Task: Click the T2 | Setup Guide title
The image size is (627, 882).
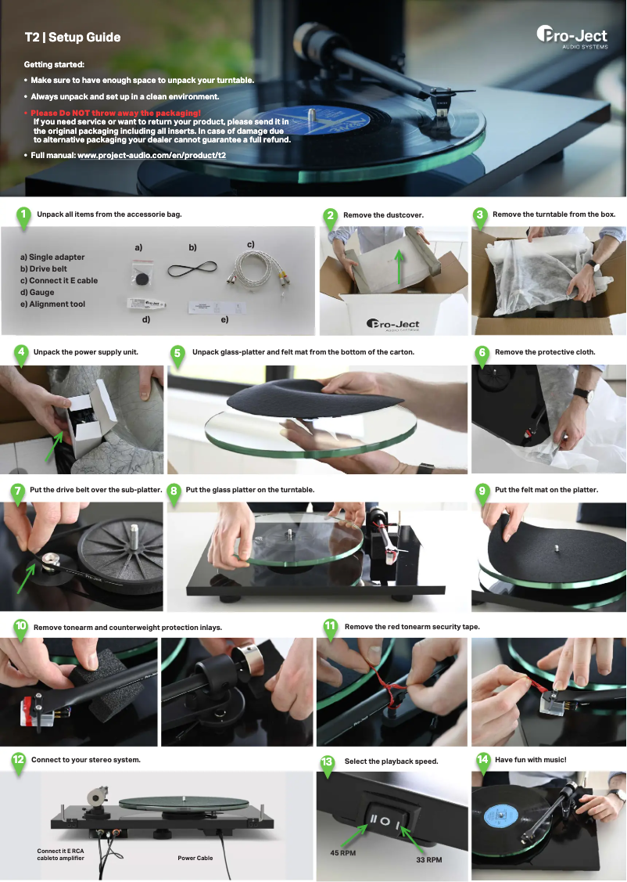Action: tap(72, 37)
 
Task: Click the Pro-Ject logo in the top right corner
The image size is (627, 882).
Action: tap(571, 37)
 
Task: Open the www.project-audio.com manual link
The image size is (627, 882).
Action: tap(152, 156)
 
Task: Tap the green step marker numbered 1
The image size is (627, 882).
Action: tap(23, 215)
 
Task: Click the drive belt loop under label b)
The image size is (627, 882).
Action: tap(192, 271)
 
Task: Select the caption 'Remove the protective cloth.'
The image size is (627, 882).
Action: tap(545, 352)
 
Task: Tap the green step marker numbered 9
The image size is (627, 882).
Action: tap(483, 491)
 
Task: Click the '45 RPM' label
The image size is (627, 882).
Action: tap(342, 852)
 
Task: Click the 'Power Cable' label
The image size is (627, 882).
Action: tap(195, 858)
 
